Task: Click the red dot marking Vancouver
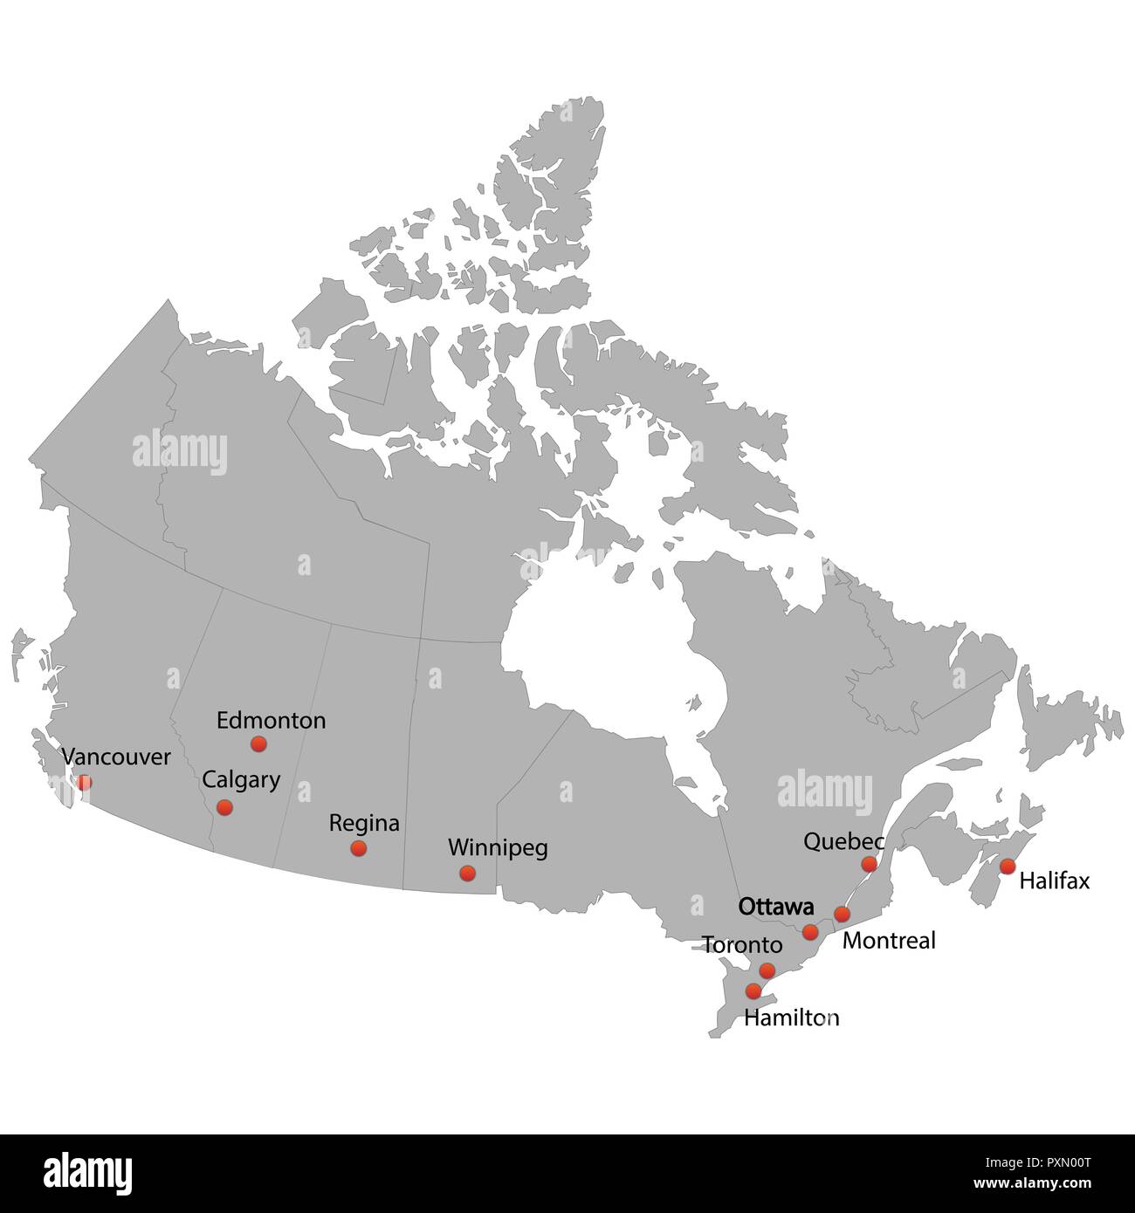coord(84,783)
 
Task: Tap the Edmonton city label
coord(271,721)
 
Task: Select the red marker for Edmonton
coord(258,744)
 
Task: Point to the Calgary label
coord(241,780)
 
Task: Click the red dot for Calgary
coord(224,807)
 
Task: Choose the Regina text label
coord(364,823)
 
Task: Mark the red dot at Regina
coord(358,848)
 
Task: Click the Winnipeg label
coord(498,847)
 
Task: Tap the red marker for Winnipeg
coord(467,873)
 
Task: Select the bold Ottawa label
coord(776,907)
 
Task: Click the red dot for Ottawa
coord(810,932)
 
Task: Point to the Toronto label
coord(742,945)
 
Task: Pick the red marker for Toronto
coord(767,970)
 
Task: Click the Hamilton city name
coord(791,1018)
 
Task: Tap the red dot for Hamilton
coord(753,991)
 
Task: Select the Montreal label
coord(889,941)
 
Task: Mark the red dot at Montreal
coord(842,915)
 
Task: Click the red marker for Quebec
coord(869,864)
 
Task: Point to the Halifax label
coord(1055,881)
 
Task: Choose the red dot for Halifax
coord(1007,867)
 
